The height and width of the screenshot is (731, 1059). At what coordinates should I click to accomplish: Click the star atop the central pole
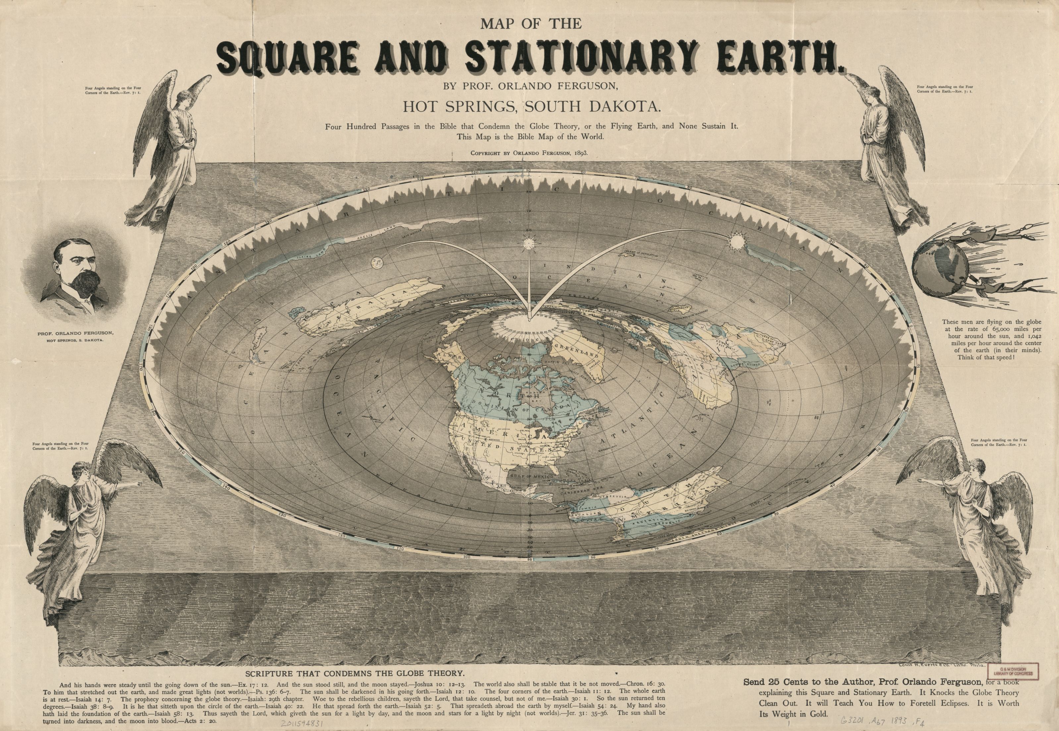[x=528, y=241]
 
